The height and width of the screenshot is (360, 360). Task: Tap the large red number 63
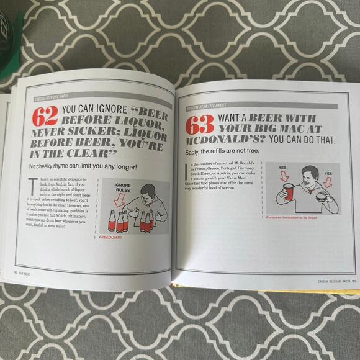(x=199, y=126)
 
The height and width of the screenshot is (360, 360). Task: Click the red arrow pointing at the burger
(x=328, y=182)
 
